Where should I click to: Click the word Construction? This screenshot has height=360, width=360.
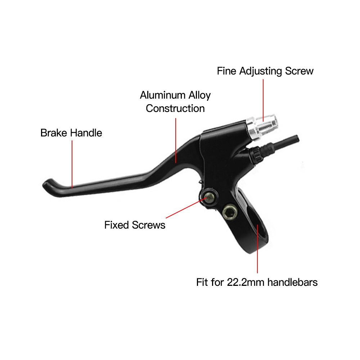175,108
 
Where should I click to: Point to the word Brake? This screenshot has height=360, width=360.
54,133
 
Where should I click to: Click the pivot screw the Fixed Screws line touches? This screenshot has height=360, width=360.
209,196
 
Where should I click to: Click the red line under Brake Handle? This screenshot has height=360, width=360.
72,164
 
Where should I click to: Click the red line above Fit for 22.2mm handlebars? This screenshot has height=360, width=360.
257,248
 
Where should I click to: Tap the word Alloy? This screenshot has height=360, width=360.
198,95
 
